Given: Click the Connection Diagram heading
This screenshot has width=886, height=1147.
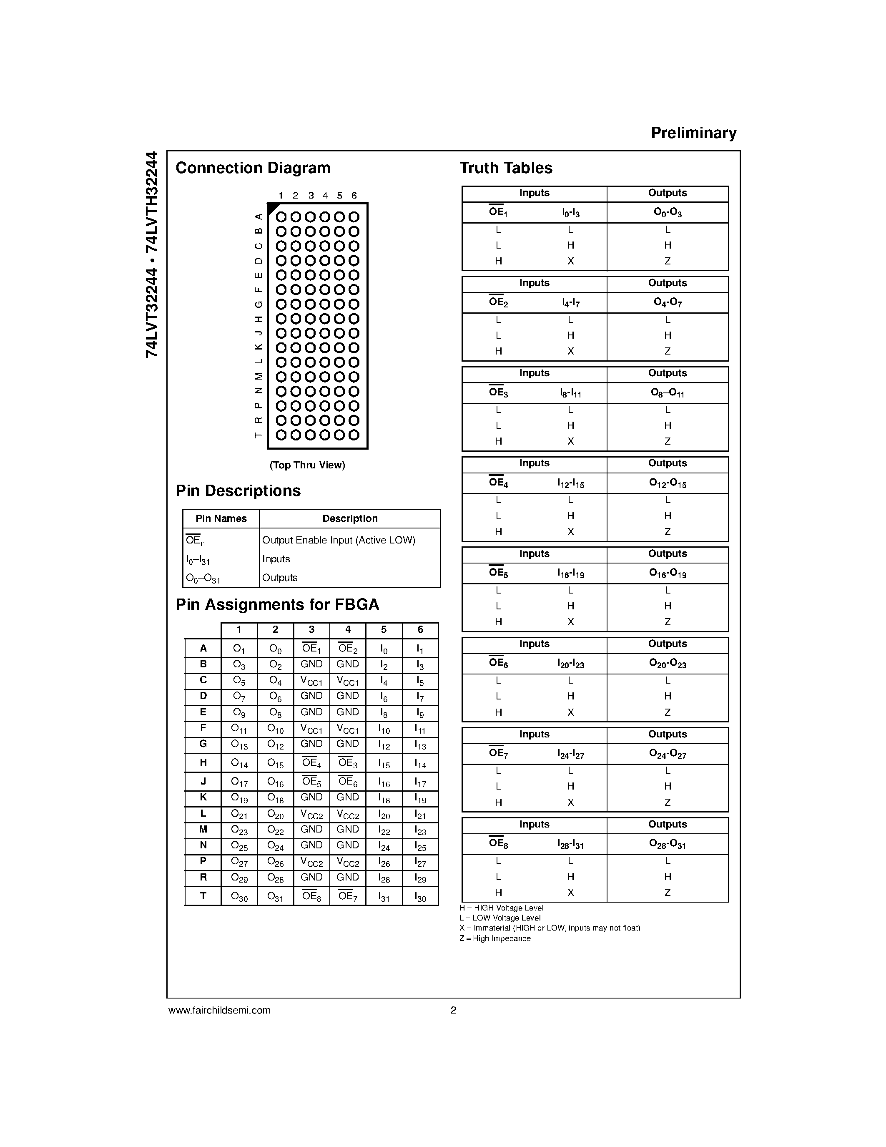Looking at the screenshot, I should pyautogui.click(x=253, y=168).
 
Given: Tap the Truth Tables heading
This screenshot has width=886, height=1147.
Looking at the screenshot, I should pyautogui.click(x=506, y=168).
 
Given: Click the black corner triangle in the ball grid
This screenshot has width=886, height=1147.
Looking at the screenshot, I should pyautogui.click(x=272, y=208).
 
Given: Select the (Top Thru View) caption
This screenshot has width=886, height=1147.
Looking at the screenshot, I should pyautogui.click(x=307, y=465).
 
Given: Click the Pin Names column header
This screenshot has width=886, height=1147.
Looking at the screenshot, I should pyautogui.click(x=221, y=518).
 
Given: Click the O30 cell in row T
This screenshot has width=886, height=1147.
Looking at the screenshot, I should pyautogui.click(x=239, y=897).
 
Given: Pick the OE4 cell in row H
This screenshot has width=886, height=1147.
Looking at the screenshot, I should pyautogui.click(x=312, y=762).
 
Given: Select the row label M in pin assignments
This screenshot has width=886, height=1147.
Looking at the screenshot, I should pyautogui.click(x=203, y=829).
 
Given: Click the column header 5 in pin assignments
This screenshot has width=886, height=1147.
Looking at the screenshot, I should pyautogui.click(x=384, y=630).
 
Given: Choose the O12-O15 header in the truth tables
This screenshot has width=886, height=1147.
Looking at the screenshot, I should pyautogui.click(x=667, y=483).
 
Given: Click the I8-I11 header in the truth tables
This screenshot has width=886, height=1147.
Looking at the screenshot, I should pyautogui.click(x=570, y=393).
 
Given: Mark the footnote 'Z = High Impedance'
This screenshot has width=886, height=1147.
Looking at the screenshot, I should pyautogui.click(x=494, y=938).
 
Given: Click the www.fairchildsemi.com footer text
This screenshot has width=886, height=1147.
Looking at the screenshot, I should pyautogui.click(x=219, y=1010).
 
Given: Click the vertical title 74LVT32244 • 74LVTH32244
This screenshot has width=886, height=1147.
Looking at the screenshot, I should pyautogui.click(x=152, y=255).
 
